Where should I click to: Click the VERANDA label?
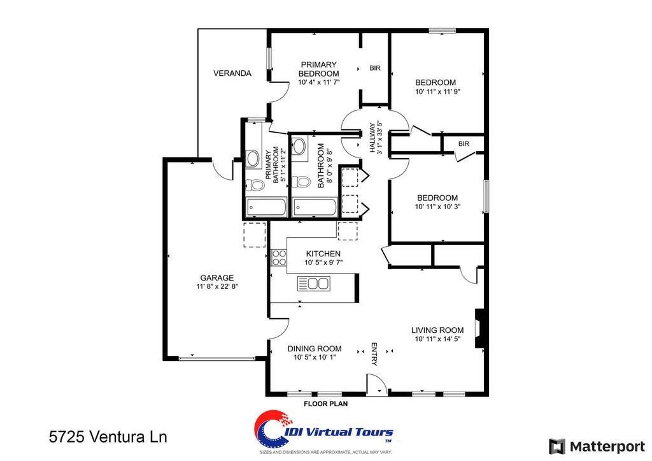(232, 73)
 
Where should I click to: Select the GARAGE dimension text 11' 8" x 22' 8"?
(216, 287)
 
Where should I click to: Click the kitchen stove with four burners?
(279, 258)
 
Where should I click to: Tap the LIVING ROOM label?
(437, 330)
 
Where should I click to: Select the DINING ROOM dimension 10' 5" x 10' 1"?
(315, 358)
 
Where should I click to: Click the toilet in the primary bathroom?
(256, 186)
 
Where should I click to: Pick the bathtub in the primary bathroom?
(266, 207)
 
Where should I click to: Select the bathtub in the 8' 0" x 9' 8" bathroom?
(315, 207)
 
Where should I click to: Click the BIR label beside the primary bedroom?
(375, 68)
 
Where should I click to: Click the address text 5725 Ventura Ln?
(108, 437)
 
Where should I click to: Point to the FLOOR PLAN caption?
(325, 404)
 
